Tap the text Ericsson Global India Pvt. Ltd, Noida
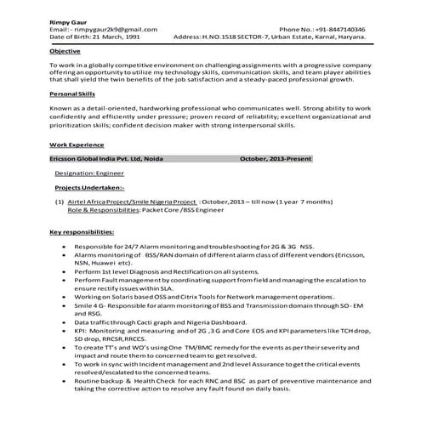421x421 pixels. [x=111, y=159]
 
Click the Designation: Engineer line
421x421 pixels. [x=89, y=173]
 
